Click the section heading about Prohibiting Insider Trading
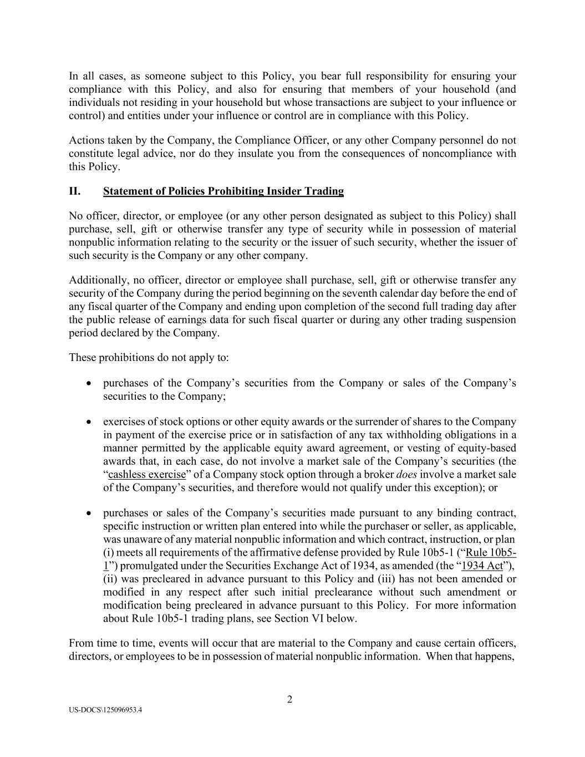click(x=223, y=191)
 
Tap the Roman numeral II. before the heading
click(x=75, y=191)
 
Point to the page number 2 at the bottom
click(x=289, y=699)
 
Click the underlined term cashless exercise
click(x=147, y=475)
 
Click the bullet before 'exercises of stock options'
click(x=89, y=422)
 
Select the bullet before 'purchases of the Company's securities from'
click(x=89, y=383)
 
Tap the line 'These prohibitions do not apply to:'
click(x=149, y=358)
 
